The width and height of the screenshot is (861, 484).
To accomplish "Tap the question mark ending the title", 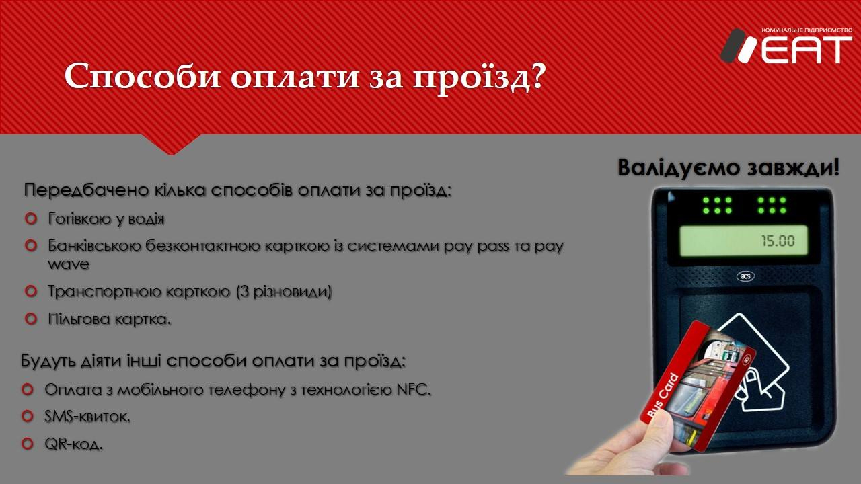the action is click(x=535, y=74).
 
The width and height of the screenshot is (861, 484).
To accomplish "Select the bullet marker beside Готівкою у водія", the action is click(x=31, y=219).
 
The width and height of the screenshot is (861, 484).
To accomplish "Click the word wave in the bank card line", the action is click(x=69, y=264).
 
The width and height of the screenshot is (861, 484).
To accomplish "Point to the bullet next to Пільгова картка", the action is click(x=31, y=319).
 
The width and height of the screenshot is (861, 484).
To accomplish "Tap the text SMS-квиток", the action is click(x=87, y=416).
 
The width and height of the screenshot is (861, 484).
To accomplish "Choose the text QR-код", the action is click(x=74, y=444).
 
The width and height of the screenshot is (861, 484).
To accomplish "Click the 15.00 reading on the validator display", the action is click(x=778, y=241).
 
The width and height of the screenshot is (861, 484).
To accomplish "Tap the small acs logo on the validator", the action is click(x=746, y=276).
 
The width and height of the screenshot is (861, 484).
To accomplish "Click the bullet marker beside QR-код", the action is click(x=28, y=444).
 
